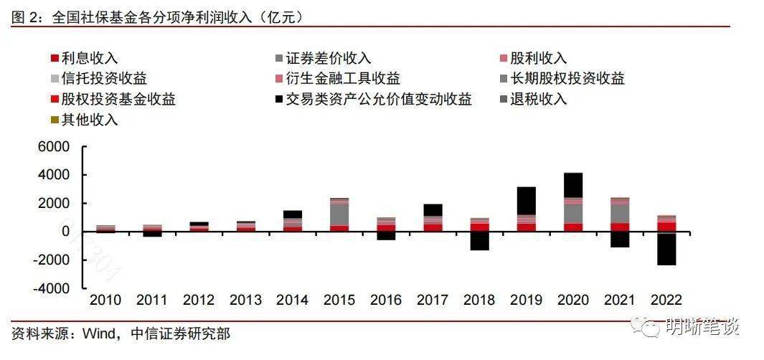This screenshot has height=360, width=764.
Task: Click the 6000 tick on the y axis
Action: point(55,147)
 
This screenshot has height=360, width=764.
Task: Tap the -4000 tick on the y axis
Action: point(52,288)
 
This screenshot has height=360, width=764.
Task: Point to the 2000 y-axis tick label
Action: point(55,204)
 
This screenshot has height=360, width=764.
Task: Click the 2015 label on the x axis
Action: point(340,300)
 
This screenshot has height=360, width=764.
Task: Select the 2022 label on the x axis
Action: point(666,300)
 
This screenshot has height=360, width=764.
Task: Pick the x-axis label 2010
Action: point(105,300)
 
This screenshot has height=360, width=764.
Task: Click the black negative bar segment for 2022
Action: point(666,249)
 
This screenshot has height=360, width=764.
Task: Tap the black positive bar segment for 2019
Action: point(527,200)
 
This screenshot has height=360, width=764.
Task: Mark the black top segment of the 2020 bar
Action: point(573,184)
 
